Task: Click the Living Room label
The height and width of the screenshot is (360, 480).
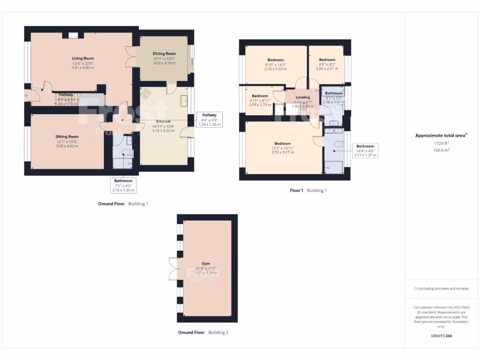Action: click(x=83, y=59)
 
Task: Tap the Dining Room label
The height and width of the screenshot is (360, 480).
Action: click(x=164, y=54)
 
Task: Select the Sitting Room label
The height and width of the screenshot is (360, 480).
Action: click(x=67, y=136)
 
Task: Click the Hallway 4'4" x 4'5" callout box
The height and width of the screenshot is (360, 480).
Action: click(x=209, y=120)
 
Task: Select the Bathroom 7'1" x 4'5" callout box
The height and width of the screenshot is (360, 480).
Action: click(x=123, y=185)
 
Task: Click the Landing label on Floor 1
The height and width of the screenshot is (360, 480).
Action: click(x=303, y=97)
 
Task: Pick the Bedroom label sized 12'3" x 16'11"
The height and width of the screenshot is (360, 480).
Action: click(x=283, y=143)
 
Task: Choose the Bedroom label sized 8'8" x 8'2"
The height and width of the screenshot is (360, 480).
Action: click(x=327, y=60)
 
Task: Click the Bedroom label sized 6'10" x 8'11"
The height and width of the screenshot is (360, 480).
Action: click(x=260, y=96)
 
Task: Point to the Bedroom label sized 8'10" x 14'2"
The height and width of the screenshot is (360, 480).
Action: click(x=276, y=60)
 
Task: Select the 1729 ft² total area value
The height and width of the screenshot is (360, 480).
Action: click(x=441, y=143)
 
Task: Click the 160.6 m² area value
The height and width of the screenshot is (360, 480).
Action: click(x=441, y=150)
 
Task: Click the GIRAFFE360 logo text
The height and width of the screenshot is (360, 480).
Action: click(x=441, y=336)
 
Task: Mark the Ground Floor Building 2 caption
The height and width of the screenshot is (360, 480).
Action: click(x=203, y=332)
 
